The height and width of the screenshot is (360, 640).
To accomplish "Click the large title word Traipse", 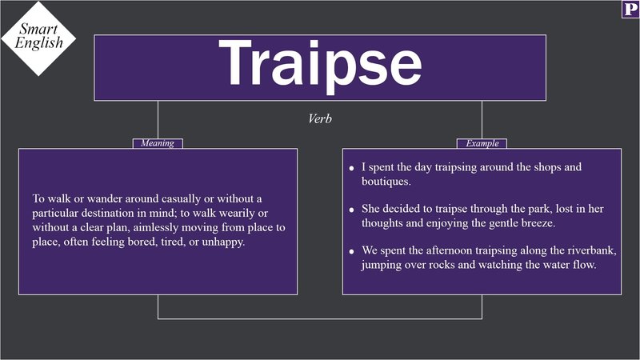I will [x=320, y=64].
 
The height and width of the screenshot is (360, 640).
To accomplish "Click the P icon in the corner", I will [x=630, y=10].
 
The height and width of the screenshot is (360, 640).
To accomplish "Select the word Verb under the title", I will [x=320, y=118].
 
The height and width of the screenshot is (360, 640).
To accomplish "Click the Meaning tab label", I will [x=158, y=144].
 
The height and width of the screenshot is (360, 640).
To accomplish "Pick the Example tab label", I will [x=482, y=144].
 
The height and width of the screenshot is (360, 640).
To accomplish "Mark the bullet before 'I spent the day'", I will [x=351, y=169].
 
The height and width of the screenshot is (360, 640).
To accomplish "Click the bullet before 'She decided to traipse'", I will [x=351, y=210].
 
